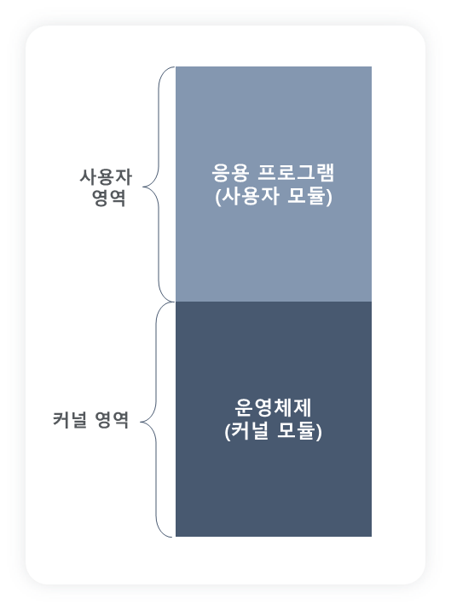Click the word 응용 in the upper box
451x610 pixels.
tap(230, 173)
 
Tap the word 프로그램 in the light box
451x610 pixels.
tap(296, 173)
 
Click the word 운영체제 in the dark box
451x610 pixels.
tap(273, 408)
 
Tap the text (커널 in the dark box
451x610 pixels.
tap(246, 431)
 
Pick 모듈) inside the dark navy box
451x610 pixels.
tap(299, 431)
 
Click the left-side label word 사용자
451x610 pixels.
tap(106, 177)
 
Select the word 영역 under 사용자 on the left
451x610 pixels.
tap(108, 198)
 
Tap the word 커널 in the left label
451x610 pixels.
tap(69, 420)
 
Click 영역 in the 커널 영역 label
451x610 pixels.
tap(112, 420)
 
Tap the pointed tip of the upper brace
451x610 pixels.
tap(143, 187)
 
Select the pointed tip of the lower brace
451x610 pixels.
tap(140, 422)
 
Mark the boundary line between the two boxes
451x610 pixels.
tap(274, 302)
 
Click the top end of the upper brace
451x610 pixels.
tap(175, 67)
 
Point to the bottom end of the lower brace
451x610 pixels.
tap(171, 537)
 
